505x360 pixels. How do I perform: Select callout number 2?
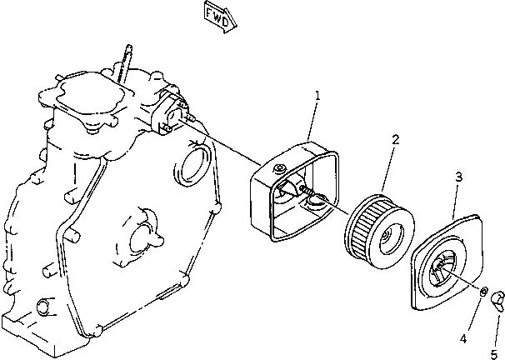394,139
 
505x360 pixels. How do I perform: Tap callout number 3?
457,176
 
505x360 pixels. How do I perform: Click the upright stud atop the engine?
126,62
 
